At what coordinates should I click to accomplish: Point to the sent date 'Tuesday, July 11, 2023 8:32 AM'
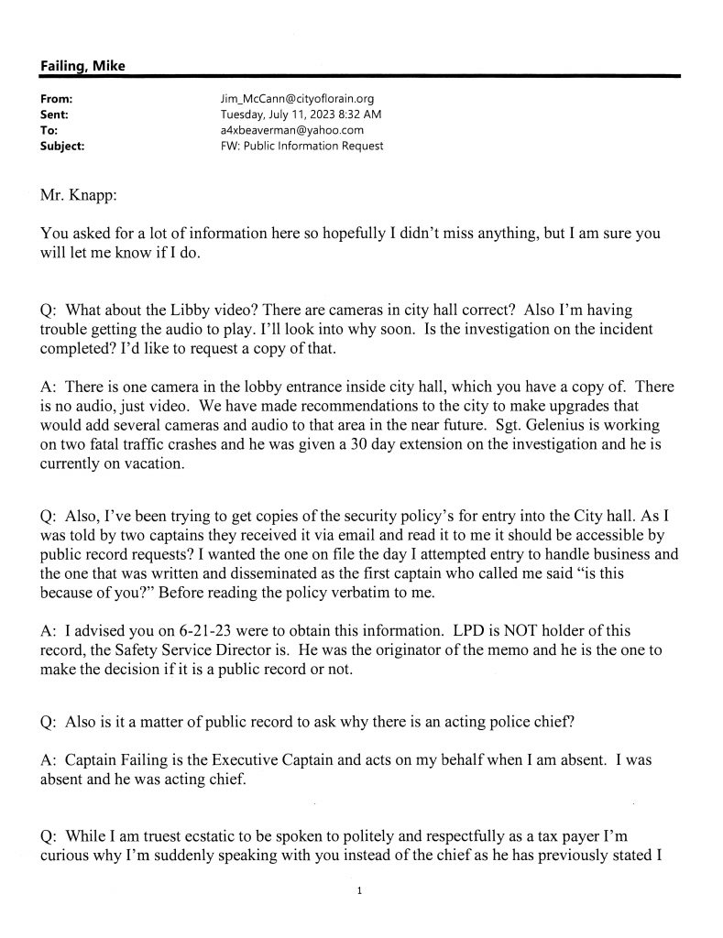pos(301,115)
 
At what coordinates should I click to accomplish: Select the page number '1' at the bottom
pos(361,889)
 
